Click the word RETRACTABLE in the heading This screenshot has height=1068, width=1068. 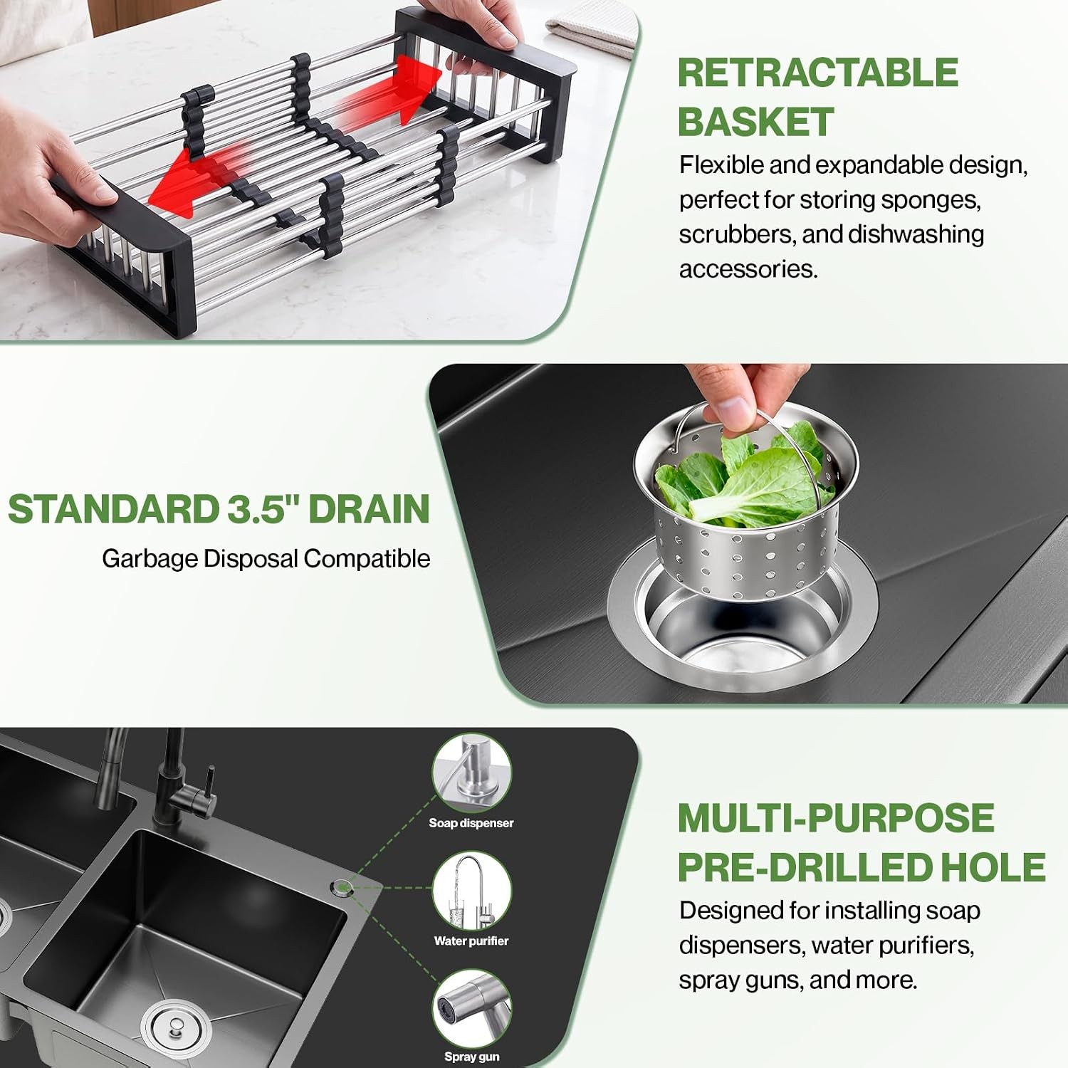tap(818, 73)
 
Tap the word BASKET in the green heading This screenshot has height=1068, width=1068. tap(755, 122)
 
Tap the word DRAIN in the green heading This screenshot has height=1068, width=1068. tap(370, 510)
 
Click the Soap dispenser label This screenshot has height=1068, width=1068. tap(471, 823)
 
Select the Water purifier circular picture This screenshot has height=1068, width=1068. tap(471, 891)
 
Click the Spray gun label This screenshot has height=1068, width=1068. tap(471, 1057)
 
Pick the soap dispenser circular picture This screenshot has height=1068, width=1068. tap(471, 773)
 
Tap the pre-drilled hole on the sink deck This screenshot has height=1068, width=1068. tap(341, 887)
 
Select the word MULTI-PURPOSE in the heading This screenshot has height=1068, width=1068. tap(835, 818)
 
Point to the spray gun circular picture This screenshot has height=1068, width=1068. tap(471, 1008)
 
